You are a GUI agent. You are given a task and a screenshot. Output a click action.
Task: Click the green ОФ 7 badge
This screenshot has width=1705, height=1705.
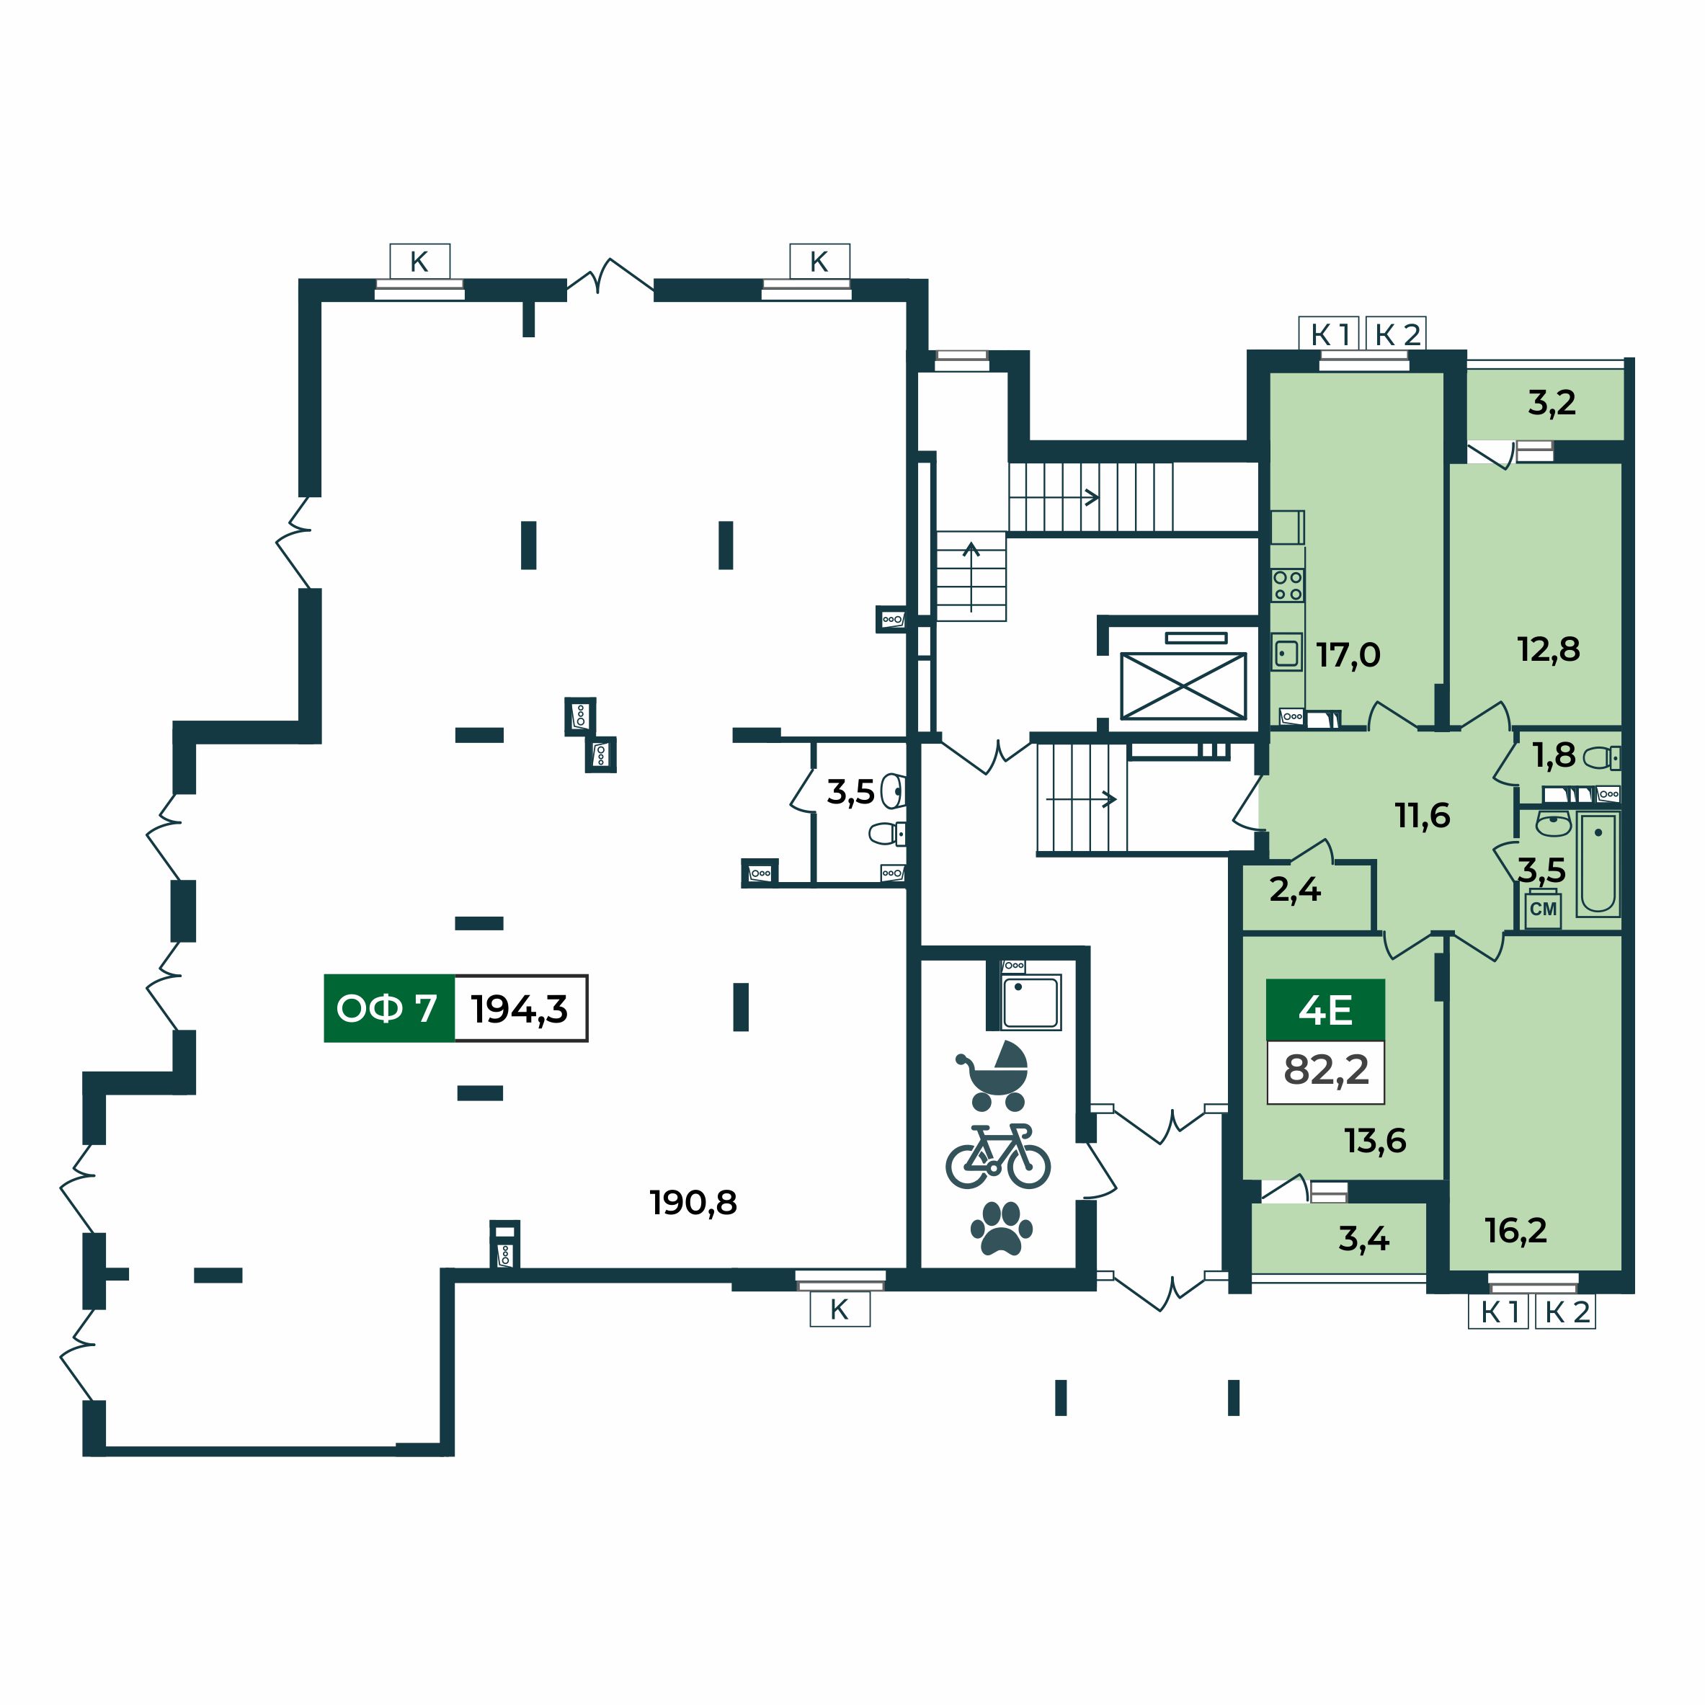click(x=389, y=1008)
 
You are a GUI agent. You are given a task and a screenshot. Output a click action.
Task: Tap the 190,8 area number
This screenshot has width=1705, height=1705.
click(x=694, y=1203)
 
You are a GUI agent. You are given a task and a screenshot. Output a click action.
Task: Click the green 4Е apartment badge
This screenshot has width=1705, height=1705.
click(x=1325, y=1010)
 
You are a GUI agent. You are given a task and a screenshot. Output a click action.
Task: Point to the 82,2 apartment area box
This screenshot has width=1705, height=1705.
click(x=1325, y=1072)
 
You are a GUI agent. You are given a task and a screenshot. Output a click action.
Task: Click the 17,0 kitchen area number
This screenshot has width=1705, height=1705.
click(x=1348, y=655)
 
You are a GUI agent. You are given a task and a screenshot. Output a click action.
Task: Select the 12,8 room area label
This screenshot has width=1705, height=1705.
click(x=1549, y=649)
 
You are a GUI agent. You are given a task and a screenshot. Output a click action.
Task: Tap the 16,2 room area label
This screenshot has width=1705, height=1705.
click(x=1516, y=1230)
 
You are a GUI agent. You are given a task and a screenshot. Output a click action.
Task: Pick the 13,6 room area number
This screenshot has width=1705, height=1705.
click(x=1376, y=1141)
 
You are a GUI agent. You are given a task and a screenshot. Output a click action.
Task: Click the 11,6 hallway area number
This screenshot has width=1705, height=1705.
click(x=1423, y=816)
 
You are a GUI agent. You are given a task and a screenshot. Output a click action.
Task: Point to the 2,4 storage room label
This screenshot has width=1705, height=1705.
click(x=1296, y=889)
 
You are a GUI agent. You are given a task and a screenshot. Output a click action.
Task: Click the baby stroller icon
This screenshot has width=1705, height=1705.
click(x=993, y=1077)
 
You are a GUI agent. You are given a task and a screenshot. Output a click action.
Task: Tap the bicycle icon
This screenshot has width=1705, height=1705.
click(x=998, y=1156)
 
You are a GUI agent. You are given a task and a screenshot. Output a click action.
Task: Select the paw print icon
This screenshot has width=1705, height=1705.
click(x=1001, y=1227)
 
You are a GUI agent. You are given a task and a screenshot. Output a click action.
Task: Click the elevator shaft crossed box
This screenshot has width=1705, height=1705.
click(x=1183, y=687)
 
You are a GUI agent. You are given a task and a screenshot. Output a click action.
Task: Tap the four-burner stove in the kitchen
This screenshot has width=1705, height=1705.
click(x=1288, y=585)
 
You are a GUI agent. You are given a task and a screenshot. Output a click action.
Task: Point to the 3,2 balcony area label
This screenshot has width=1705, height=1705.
click(x=1552, y=402)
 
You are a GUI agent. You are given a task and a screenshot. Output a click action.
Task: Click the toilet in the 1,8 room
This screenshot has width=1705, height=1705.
click(x=1601, y=758)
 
